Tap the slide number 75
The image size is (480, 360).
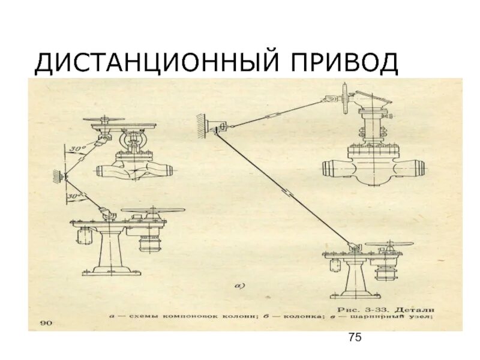click(x=354, y=339)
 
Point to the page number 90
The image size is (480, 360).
click(x=46, y=323)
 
